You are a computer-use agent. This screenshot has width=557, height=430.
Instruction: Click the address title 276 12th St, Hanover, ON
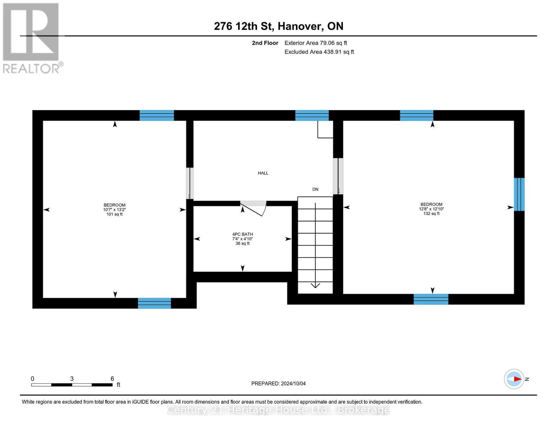click(278, 26)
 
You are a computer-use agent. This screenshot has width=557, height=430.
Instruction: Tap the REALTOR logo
click(31, 38)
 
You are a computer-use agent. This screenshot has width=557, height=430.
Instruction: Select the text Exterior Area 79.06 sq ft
click(316, 43)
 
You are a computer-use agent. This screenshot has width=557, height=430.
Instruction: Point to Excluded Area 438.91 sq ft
click(319, 52)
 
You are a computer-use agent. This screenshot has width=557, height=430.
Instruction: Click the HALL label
click(263, 173)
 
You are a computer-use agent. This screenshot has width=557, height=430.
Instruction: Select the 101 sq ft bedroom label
click(114, 210)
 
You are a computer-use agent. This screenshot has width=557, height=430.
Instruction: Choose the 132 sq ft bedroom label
click(431, 209)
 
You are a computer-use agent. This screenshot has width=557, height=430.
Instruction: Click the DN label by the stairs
click(315, 189)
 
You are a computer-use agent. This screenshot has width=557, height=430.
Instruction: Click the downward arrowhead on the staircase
click(315, 285)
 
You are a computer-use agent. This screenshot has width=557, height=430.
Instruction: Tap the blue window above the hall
click(312, 115)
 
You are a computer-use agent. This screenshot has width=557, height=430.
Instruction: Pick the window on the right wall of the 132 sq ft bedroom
click(519, 194)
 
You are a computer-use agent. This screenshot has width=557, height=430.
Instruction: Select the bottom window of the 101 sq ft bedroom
click(155, 303)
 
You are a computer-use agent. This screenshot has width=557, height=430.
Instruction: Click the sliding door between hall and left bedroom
click(190, 183)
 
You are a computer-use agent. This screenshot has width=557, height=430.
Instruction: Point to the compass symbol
click(514, 379)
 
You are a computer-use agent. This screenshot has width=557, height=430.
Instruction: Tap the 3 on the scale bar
click(72, 379)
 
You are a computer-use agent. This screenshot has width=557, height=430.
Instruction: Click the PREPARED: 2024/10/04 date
click(278, 383)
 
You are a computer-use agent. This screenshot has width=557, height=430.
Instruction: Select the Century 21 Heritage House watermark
click(278, 410)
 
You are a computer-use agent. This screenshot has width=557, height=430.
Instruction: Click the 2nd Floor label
click(265, 43)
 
